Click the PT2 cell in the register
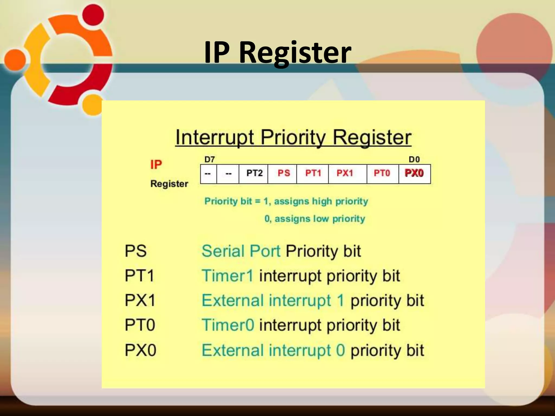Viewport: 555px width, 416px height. (254, 173)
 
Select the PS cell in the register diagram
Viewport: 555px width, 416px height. (283, 173)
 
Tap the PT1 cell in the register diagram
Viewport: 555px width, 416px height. (313, 173)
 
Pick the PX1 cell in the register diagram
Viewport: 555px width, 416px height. (345, 173)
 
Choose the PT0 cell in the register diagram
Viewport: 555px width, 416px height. (382, 173)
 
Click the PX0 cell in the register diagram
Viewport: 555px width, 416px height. (414, 173)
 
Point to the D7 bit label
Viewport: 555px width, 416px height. (209, 160)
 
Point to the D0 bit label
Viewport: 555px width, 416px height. (414, 160)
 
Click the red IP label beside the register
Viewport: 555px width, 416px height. (156, 165)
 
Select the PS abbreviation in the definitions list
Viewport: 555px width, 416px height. (135, 251)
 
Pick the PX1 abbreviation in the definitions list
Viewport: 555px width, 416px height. (140, 300)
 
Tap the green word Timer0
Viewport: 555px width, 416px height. (228, 325)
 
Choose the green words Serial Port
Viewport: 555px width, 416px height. (241, 251)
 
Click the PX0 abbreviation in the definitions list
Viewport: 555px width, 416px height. (140, 350)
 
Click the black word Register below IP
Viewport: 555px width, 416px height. (169, 184)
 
